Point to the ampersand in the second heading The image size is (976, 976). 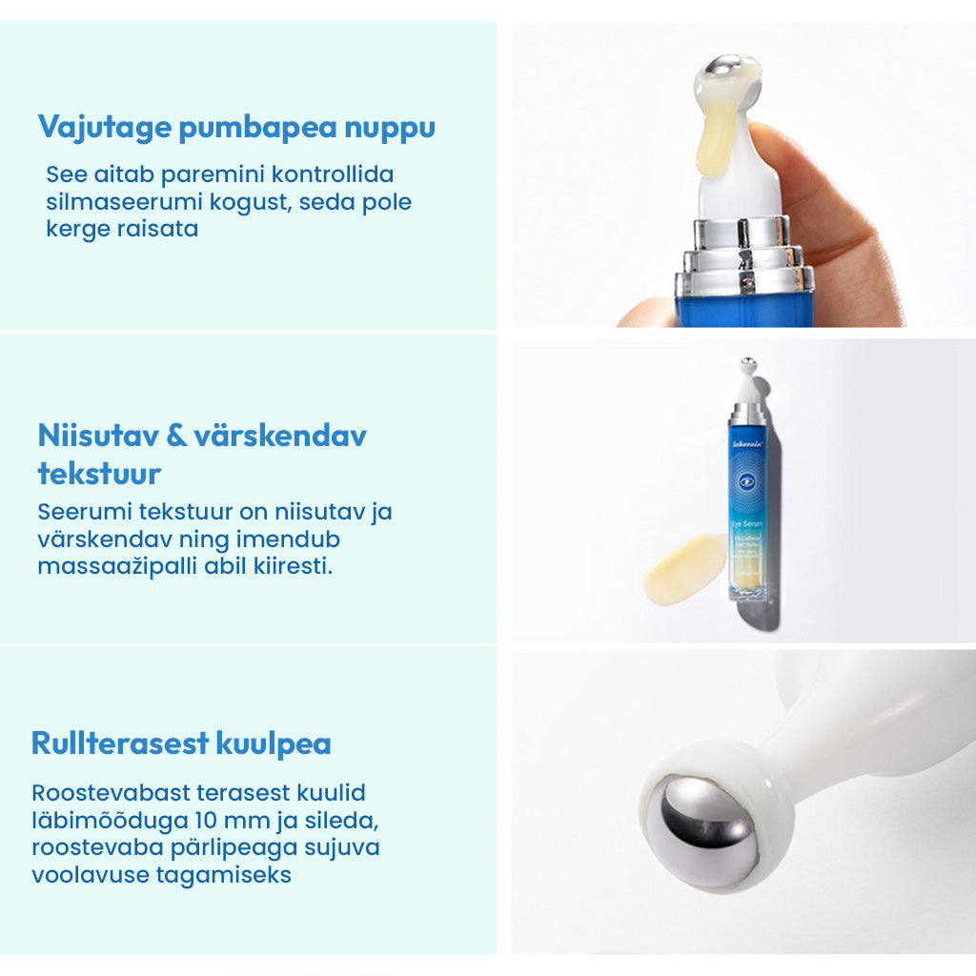(x=175, y=437)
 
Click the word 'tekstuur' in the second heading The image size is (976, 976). (x=99, y=474)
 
